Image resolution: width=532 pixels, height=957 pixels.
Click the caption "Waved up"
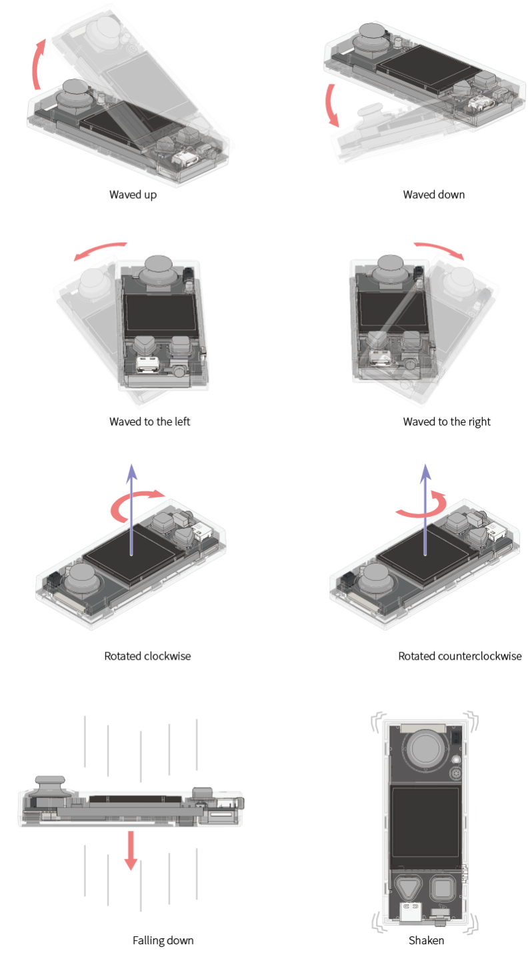pyautogui.click(x=133, y=195)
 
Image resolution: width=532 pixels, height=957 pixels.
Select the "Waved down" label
pyautogui.click(x=434, y=195)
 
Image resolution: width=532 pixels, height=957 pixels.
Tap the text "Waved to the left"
pyautogui.click(x=149, y=421)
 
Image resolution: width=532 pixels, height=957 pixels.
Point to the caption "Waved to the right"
pyautogui.click(x=447, y=422)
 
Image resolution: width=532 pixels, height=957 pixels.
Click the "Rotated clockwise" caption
pyautogui.click(x=147, y=656)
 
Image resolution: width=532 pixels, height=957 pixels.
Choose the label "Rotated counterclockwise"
pyautogui.click(x=460, y=656)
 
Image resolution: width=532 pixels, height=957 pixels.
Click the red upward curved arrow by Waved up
pyautogui.click(x=35, y=64)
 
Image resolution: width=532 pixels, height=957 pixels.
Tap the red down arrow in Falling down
pyautogui.click(x=131, y=850)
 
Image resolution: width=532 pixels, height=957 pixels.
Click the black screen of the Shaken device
pyautogui.click(x=426, y=823)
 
